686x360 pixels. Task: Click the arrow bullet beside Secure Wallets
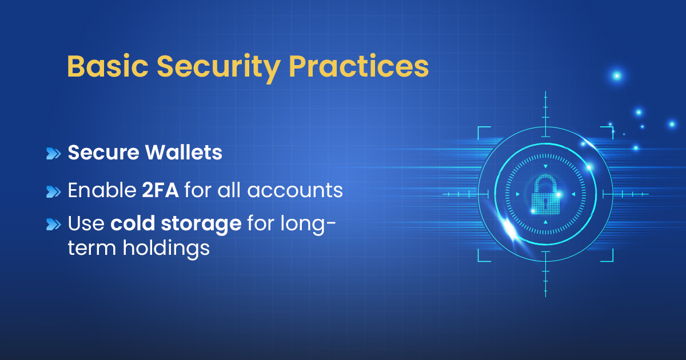point(53,153)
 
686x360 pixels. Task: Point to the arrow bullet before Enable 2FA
point(53,191)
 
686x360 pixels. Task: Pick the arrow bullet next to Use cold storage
point(53,224)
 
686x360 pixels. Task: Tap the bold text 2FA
point(160,190)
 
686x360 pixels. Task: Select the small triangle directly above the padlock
point(545,167)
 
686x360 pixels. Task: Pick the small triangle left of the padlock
point(518,194)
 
